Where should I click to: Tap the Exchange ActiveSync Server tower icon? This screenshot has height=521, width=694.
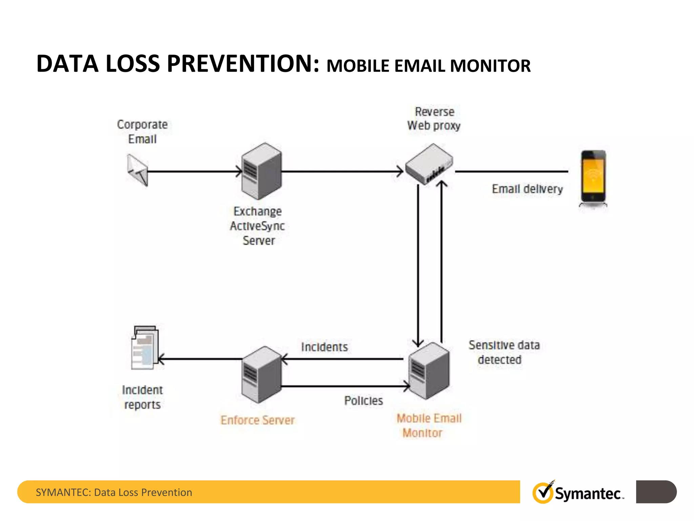click(261, 171)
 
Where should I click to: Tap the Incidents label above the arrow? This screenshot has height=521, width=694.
click(324, 347)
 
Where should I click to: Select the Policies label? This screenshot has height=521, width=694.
click(364, 401)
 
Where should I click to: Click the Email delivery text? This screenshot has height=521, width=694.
click(527, 189)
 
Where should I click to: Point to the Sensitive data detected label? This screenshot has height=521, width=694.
click(504, 352)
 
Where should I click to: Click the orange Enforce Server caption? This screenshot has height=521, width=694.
click(258, 420)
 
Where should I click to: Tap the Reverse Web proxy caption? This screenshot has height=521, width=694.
click(434, 119)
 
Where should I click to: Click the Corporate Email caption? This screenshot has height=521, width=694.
click(142, 132)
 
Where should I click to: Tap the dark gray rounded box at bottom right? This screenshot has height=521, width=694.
click(656, 491)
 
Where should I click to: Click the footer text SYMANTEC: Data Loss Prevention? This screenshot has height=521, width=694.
click(114, 492)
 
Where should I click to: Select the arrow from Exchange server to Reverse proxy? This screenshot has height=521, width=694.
click(342, 171)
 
